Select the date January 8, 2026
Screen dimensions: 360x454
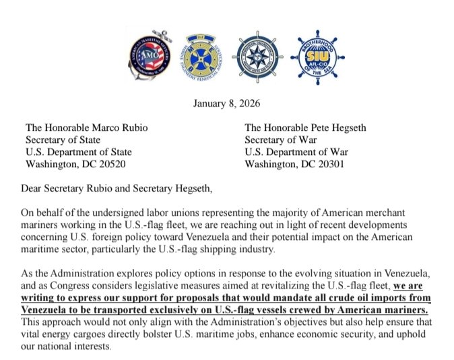[227, 104]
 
